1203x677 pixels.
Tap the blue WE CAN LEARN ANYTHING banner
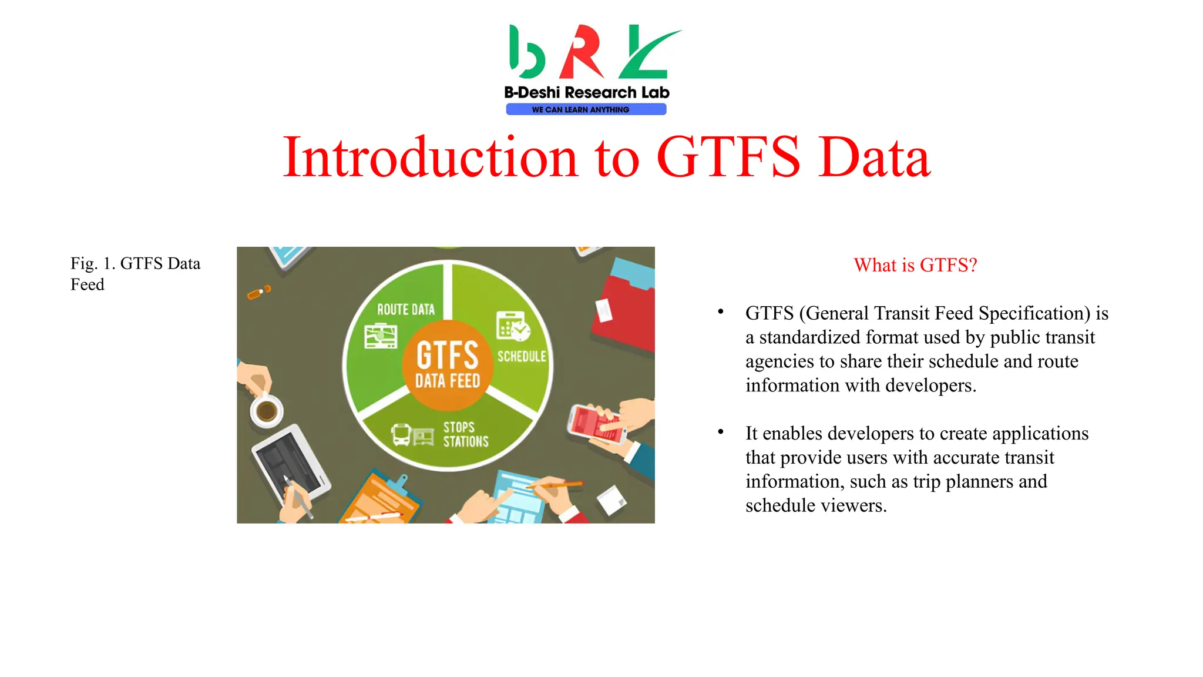pos(586,109)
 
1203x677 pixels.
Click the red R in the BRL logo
pos(581,52)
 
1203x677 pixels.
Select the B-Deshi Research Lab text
pos(586,92)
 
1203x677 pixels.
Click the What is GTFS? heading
pos(915,265)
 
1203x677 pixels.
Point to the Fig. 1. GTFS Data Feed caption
pos(135,274)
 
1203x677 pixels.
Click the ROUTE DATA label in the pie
pos(405,310)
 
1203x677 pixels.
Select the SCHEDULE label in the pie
pos(522,356)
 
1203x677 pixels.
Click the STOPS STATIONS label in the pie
pos(465,434)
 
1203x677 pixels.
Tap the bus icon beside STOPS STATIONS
pos(401,435)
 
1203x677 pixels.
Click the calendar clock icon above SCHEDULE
pos(512,326)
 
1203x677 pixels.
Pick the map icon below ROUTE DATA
pos(381,336)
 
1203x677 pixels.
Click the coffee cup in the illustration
pos(266,410)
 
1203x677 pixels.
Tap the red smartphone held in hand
pos(594,424)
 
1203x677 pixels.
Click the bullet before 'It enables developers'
pos(720,433)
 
